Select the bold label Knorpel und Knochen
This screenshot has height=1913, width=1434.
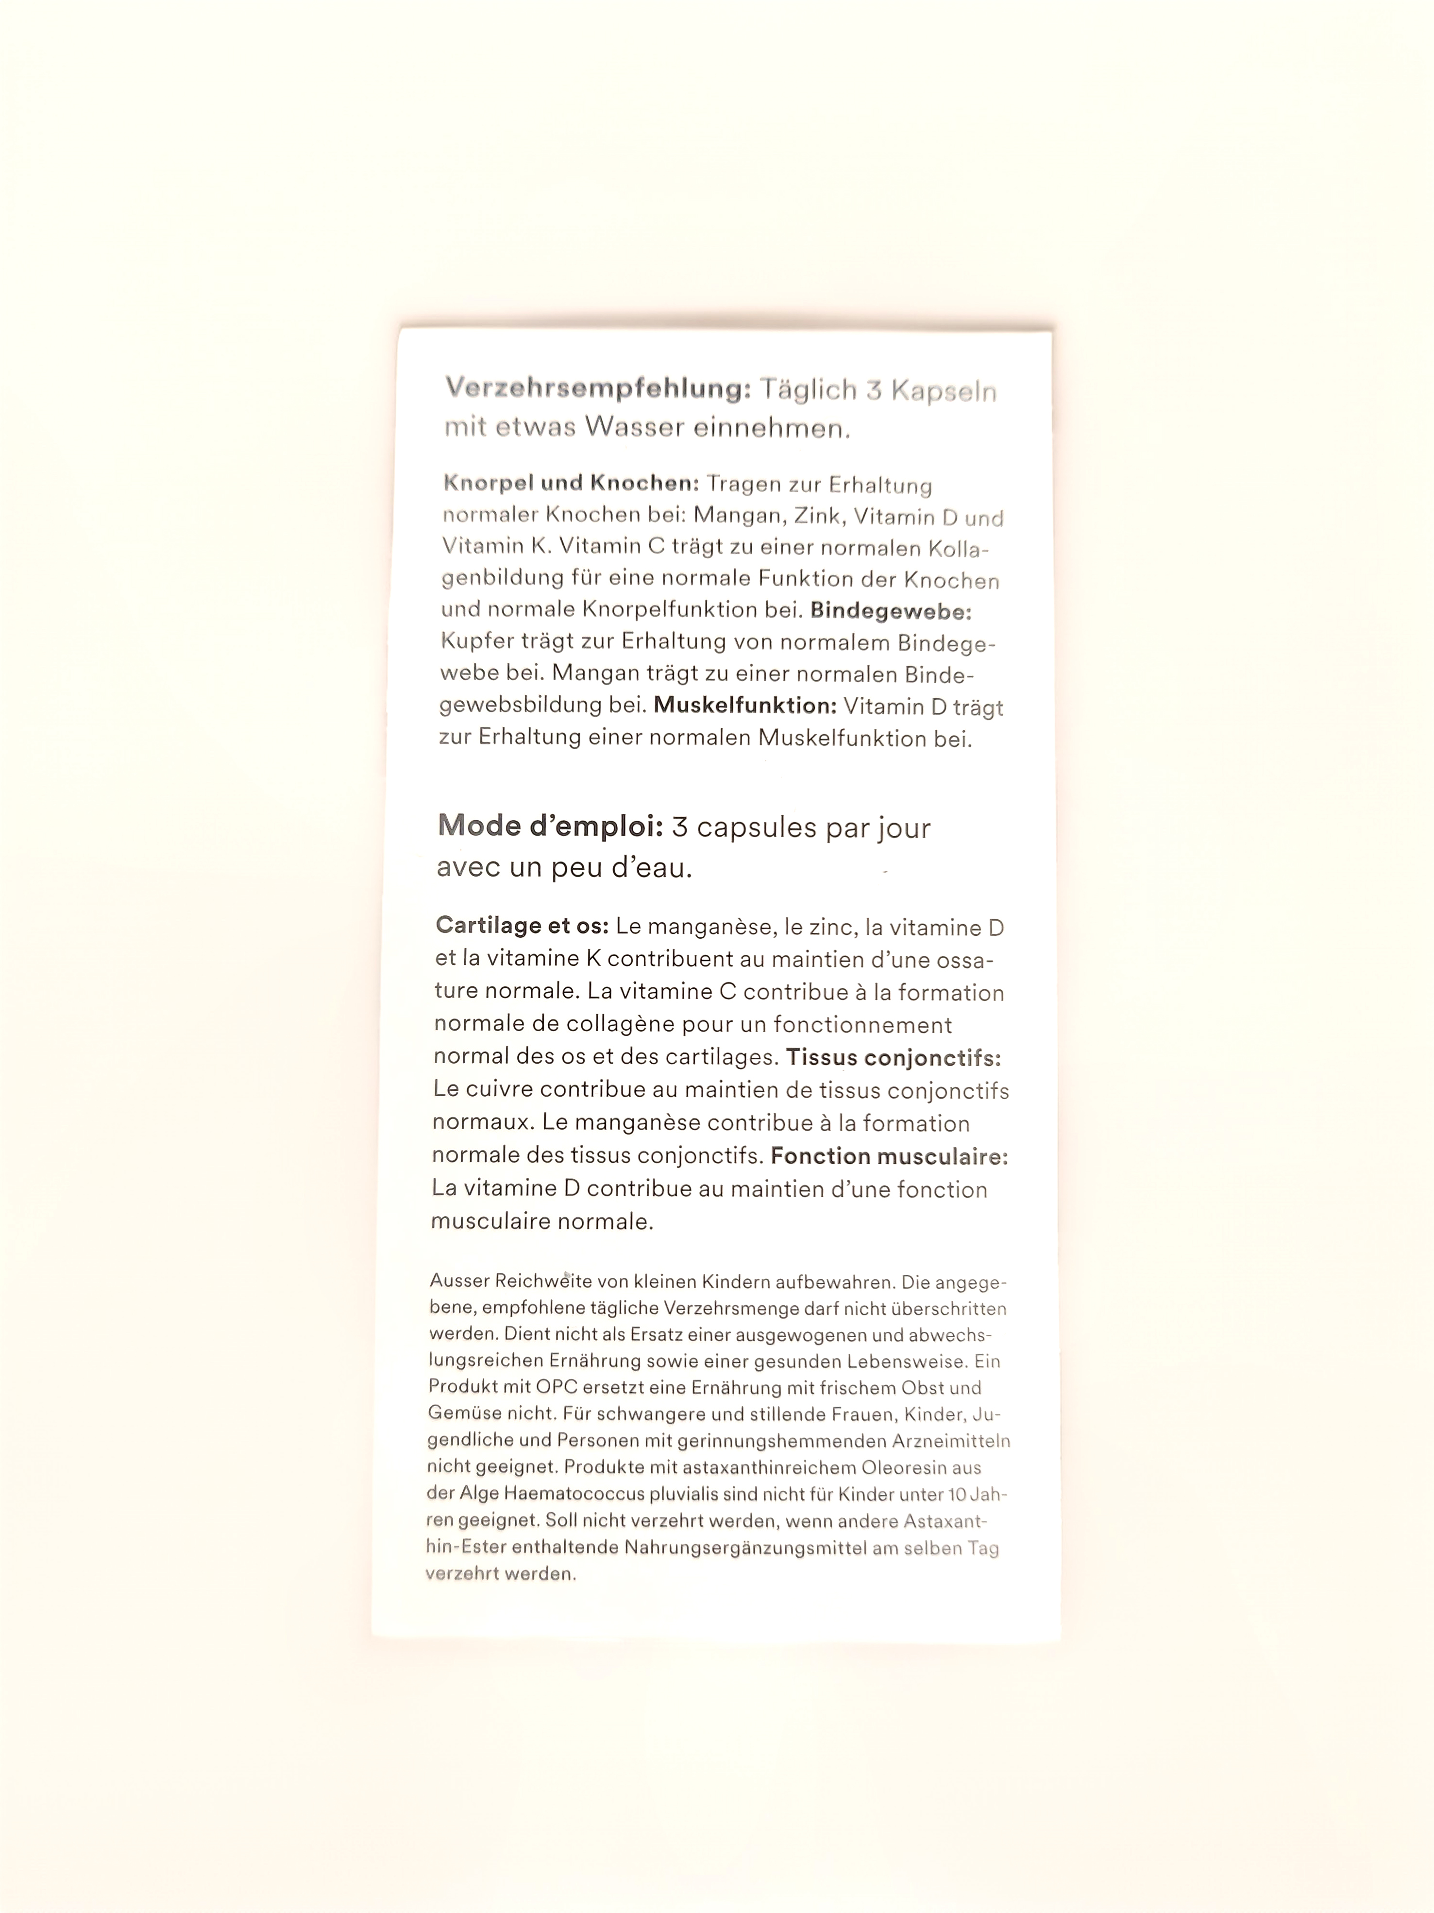(572, 483)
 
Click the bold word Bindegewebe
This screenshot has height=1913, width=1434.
(890, 611)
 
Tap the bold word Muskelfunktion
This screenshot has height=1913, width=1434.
(744, 706)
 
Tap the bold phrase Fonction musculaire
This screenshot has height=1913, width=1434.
(889, 1156)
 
